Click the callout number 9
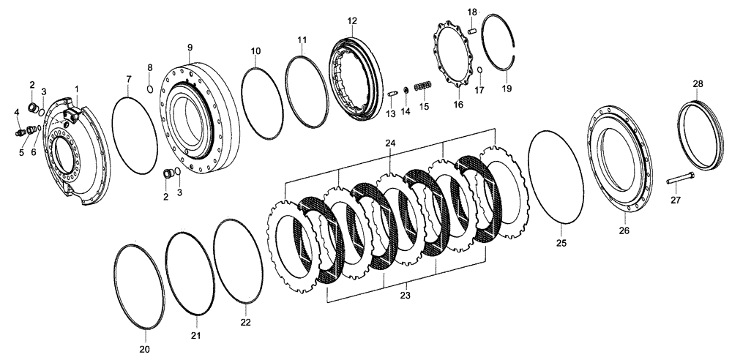click(189, 48)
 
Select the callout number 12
click(352, 20)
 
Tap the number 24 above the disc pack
click(390, 145)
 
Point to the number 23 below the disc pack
click(405, 296)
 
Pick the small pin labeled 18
click(472, 31)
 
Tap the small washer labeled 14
click(406, 90)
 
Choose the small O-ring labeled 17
click(479, 70)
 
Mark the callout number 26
click(624, 230)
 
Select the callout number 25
click(560, 242)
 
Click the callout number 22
click(246, 321)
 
